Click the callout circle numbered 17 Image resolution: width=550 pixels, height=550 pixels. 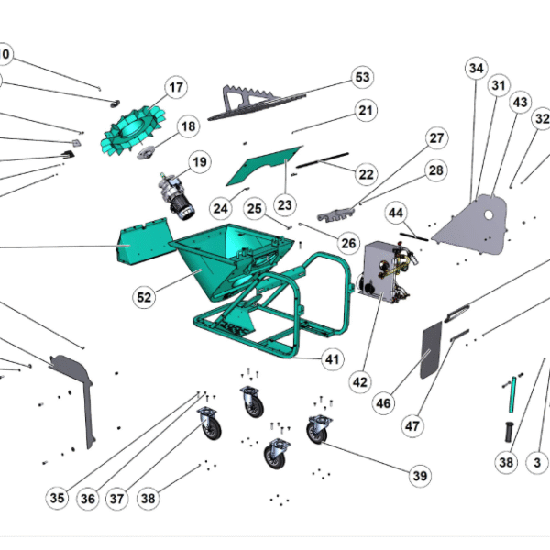(x=175, y=88)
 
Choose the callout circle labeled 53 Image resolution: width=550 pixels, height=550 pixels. (x=362, y=77)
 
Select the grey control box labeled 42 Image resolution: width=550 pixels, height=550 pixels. (x=387, y=271)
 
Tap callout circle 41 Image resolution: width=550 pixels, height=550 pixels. (x=332, y=360)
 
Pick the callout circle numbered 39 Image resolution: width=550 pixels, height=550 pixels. (x=420, y=475)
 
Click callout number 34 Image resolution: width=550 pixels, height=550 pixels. (x=476, y=69)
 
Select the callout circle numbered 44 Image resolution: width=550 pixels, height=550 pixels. (x=395, y=213)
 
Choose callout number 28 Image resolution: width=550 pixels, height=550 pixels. (x=435, y=170)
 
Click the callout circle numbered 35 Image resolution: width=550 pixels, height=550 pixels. (x=57, y=498)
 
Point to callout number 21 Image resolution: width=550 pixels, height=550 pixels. (x=367, y=111)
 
